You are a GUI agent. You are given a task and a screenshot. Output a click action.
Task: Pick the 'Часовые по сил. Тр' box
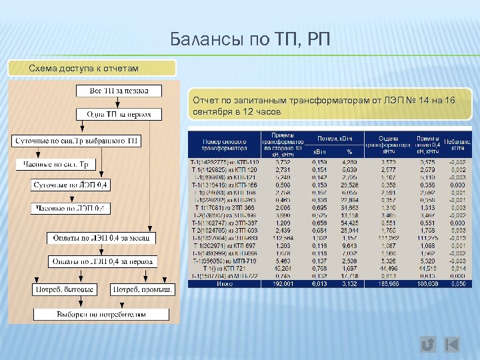(56, 164)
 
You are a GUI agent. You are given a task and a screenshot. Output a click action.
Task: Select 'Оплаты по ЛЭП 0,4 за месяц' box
(101, 238)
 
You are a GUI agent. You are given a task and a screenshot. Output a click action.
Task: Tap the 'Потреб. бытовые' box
(64, 289)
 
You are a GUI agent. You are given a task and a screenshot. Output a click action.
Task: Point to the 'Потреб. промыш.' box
(143, 289)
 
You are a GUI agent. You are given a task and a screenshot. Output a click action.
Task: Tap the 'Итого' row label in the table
(224, 283)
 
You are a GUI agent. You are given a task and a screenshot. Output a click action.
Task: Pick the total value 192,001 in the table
(283, 283)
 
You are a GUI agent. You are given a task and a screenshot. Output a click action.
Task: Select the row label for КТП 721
(224, 269)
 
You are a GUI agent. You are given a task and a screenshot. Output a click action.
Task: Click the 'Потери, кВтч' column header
(335, 138)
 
